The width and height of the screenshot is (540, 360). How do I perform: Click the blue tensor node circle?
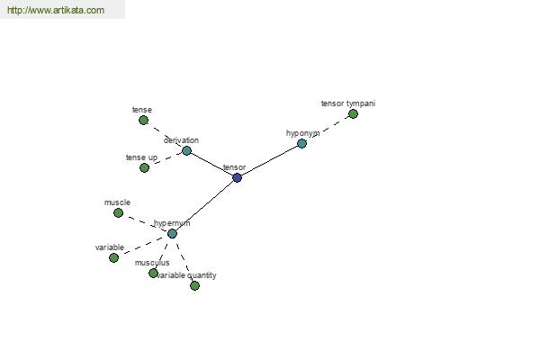[237, 178]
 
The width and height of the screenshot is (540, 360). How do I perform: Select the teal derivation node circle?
[186, 150]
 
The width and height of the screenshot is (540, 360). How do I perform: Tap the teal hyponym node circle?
[301, 143]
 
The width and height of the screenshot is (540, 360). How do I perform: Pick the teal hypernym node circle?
[172, 234]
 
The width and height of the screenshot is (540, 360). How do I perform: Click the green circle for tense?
[144, 121]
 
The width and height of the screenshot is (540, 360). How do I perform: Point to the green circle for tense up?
[144, 167]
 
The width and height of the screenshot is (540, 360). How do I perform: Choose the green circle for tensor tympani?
[353, 113]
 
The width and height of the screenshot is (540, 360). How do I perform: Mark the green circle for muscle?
[118, 213]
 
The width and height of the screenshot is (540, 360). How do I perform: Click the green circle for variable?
[113, 257]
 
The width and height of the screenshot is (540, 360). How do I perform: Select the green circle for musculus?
[153, 274]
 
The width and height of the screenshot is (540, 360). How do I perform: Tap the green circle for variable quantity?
[194, 285]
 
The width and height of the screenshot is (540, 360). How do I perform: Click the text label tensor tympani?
[348, 103]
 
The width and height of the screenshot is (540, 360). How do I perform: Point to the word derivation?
[181, 140]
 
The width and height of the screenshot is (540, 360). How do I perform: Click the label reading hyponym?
[303, 133]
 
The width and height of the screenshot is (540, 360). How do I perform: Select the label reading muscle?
[117, 202]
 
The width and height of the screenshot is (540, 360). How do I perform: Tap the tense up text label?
[141, 157]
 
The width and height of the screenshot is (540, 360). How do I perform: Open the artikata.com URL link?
[56, 10]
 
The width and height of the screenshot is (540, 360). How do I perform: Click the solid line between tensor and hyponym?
[269, 160]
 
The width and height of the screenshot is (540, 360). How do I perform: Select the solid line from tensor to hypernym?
[204, 206]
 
